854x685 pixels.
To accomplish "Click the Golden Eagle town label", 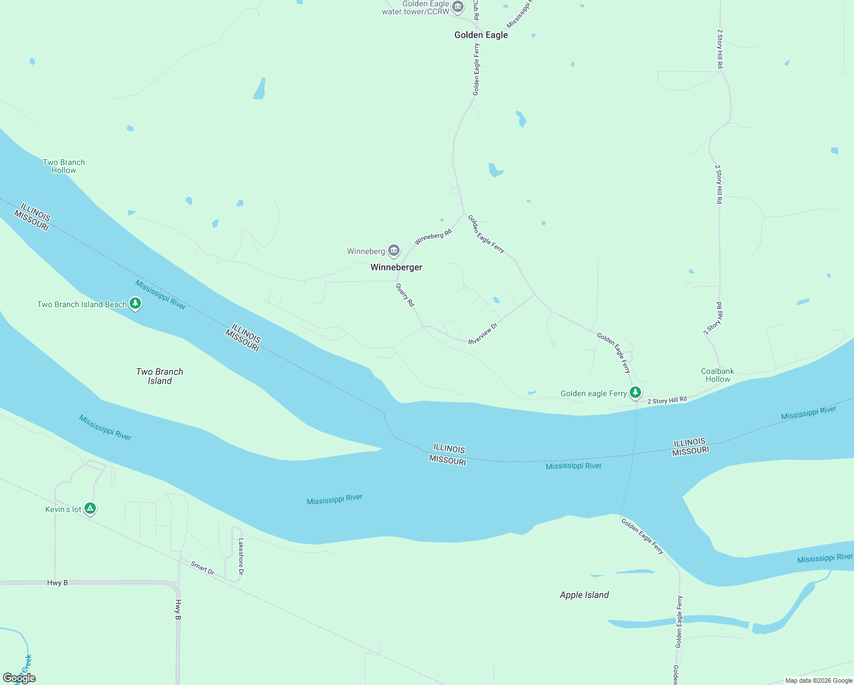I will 481,35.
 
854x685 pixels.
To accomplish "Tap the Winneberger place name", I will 396,267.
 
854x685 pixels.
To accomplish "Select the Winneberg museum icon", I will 394,251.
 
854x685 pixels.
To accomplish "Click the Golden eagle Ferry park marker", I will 635,393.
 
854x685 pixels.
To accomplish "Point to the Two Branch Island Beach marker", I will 135,304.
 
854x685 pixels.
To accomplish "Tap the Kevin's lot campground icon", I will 90,509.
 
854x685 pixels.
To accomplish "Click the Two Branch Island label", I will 160,376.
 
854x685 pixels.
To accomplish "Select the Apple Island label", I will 584,595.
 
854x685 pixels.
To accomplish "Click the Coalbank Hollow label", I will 718,375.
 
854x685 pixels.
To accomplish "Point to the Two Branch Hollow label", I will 64,166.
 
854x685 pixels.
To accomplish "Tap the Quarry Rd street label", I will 405,295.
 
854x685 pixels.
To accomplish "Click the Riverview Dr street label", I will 483,334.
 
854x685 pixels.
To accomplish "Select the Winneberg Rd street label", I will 433,237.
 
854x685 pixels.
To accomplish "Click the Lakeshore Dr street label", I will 241,557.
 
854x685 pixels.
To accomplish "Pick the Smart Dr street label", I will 203,568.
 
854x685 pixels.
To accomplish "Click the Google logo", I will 19,678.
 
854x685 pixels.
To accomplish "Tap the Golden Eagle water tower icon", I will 458,7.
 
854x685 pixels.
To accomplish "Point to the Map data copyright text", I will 819,680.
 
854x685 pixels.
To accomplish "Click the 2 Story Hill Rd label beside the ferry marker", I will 667,401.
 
